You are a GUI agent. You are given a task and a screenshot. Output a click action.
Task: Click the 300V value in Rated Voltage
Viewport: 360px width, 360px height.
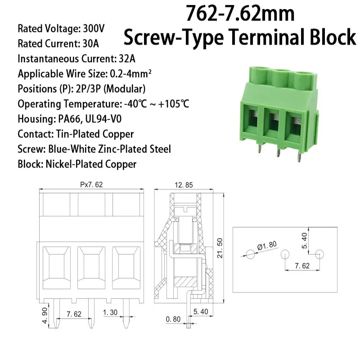(94, 28)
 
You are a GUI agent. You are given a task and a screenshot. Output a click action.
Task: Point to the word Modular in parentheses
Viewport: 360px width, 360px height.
(132, 89)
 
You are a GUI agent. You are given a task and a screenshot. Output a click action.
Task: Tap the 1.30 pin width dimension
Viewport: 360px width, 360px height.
(111, 313)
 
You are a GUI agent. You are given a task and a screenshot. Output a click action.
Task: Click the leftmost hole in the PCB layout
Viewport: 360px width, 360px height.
(250, 254)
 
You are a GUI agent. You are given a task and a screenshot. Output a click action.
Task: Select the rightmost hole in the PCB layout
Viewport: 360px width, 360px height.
(319, 254)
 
